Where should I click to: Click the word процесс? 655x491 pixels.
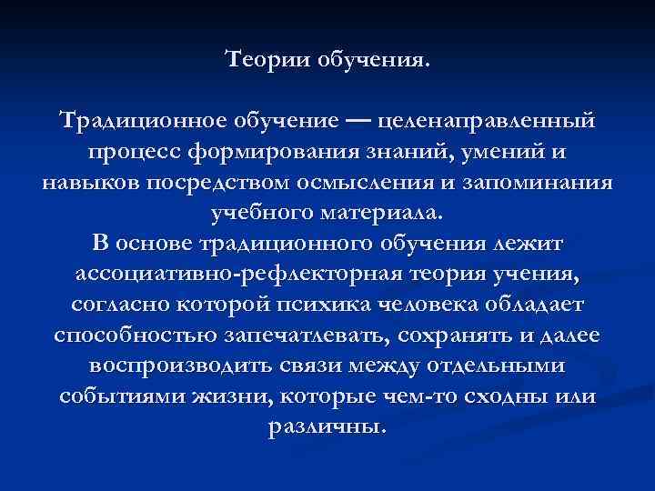click(x=127, y=152)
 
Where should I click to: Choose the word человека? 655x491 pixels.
click(x=487, y=305)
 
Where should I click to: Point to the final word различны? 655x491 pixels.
click(x=328, y=427)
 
